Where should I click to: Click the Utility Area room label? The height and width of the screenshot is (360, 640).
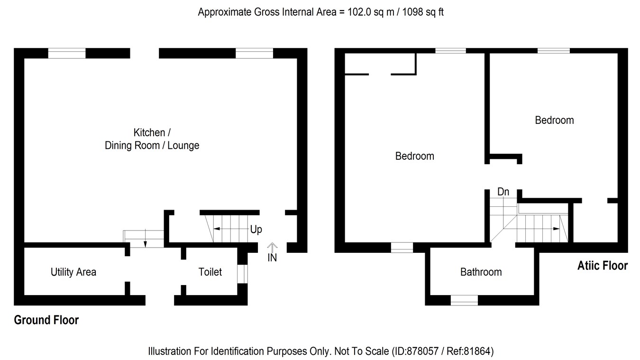73,272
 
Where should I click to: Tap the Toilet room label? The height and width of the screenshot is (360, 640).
210,272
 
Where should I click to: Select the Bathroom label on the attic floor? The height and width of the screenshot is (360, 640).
481,272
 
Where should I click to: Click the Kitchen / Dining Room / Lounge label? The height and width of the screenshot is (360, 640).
152,139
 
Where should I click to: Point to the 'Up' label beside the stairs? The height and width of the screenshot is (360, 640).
256,230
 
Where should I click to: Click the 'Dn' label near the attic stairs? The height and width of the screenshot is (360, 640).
503,192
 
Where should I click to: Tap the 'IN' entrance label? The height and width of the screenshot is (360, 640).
272,258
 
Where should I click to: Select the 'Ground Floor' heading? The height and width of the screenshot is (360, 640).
46,320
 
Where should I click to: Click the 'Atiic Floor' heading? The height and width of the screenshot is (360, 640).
602,266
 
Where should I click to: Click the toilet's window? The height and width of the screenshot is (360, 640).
242,274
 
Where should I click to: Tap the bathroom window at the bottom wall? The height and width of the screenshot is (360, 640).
464,300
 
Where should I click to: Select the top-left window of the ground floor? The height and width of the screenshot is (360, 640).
67,53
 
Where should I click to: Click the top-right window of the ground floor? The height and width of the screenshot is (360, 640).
254,53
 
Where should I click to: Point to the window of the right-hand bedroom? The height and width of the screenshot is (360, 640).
553,50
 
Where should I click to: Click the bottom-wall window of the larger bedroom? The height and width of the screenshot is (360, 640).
402,248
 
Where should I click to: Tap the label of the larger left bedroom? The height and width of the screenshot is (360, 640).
414,156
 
